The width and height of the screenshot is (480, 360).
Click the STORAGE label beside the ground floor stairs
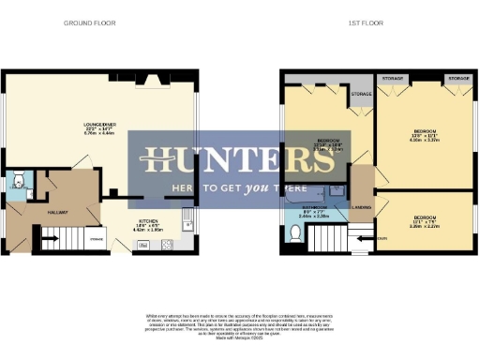(x=96, y=240)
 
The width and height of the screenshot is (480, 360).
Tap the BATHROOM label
(x=313, y=207)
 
